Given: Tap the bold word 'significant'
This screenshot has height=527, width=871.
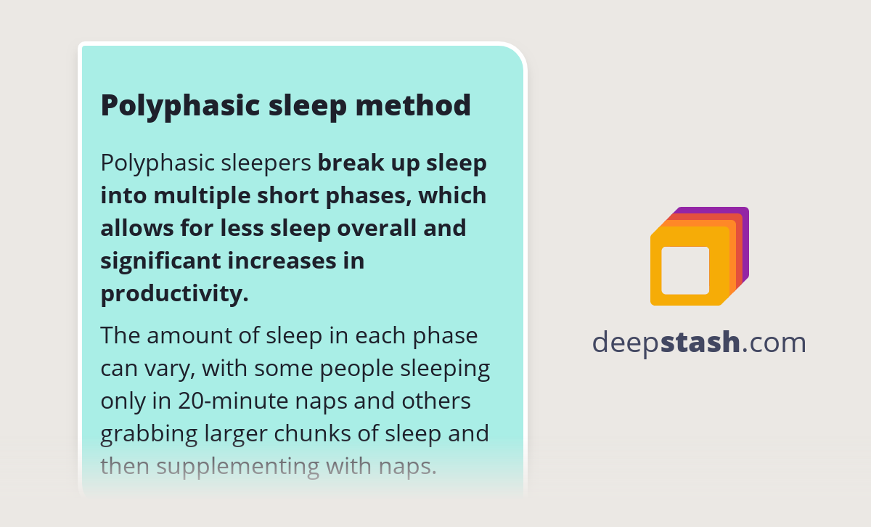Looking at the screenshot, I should [150, 261].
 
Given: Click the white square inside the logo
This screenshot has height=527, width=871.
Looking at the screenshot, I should [685, 271].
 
